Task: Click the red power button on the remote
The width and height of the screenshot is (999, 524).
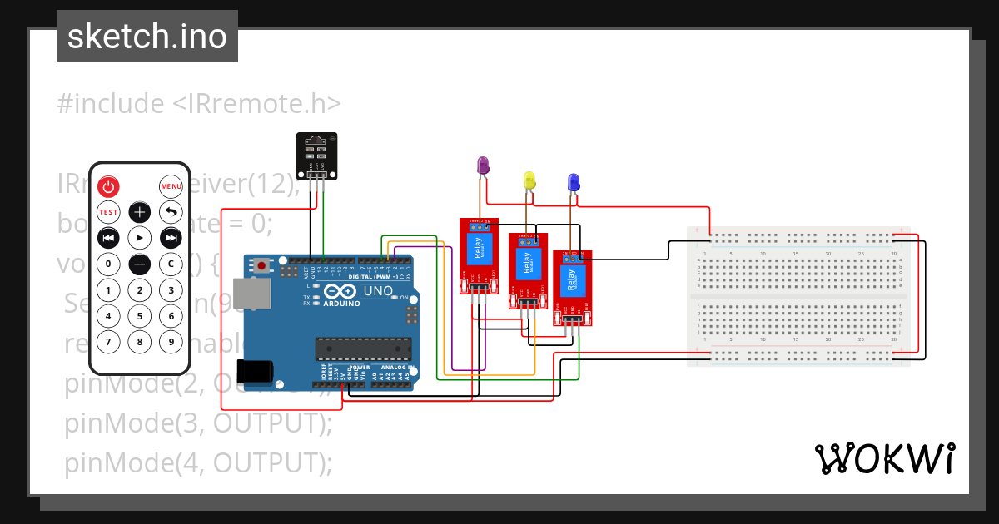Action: (x=108, y=186)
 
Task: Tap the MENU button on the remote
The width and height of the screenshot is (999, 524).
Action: (x=171, y=186)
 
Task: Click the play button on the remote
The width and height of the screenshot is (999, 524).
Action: (x=139, y=238)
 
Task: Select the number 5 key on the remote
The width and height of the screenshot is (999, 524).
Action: (x=139, y=315)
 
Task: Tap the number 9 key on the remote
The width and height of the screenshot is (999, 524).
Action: (x=171, y=341)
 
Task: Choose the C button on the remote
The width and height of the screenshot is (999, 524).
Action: (x=171, y=264)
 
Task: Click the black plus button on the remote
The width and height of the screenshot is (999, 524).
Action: (x=139, y=212)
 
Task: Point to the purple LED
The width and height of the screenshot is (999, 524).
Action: (x=482, y=166)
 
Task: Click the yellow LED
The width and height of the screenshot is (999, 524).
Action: (x=529, y=180)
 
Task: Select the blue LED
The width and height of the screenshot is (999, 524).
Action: (x=573, y=182)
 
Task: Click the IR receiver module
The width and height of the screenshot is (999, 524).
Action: (x=316, y=156)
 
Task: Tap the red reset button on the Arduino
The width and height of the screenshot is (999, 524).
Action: (x=262, y=266)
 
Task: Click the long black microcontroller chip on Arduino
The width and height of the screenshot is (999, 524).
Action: (x=363, y=350)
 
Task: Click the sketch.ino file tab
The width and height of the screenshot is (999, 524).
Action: (x=147, y=37)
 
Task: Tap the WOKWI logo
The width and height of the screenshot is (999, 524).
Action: (x=884, y=458)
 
